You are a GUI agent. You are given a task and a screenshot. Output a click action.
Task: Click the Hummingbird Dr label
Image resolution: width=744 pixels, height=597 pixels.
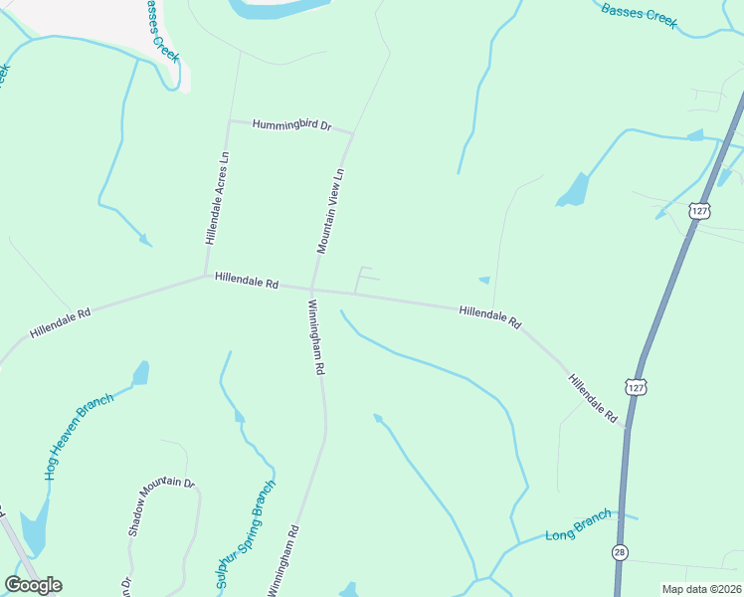tap(290, 125)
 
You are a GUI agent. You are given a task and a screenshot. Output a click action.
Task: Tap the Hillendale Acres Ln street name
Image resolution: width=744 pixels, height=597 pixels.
tap(217, 198)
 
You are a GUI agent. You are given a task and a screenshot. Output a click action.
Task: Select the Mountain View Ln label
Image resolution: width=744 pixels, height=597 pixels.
tap(329, 210)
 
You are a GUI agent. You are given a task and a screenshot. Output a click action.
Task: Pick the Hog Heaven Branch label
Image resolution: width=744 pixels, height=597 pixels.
tap(79, 436)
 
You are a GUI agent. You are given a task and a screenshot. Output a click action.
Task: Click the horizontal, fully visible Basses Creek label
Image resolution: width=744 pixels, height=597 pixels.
tap(639, 15)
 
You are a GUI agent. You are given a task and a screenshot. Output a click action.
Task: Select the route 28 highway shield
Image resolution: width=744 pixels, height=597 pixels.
tap(620, 552)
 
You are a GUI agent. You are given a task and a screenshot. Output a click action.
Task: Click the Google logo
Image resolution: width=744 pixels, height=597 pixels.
tap(33, 585)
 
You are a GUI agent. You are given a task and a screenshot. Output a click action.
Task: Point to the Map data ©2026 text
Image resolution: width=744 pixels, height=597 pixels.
tap(701, 589)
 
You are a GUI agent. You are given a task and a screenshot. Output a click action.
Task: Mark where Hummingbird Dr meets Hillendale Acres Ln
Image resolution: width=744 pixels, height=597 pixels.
tap(230, 121)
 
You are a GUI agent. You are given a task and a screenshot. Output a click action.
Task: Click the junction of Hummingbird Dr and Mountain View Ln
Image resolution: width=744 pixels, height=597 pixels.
tap(352, 133)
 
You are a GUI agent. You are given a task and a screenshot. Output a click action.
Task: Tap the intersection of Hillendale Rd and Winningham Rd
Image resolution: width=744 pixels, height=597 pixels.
tap(312, 290)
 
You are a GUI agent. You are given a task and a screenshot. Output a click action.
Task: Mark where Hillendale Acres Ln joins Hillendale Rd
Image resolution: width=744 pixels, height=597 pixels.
tap(206, 276)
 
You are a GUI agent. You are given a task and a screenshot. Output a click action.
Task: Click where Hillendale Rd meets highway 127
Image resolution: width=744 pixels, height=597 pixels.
tap(628, 429)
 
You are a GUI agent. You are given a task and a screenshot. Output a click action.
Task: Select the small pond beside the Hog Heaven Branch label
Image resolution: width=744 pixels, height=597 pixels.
tap(140, 373)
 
